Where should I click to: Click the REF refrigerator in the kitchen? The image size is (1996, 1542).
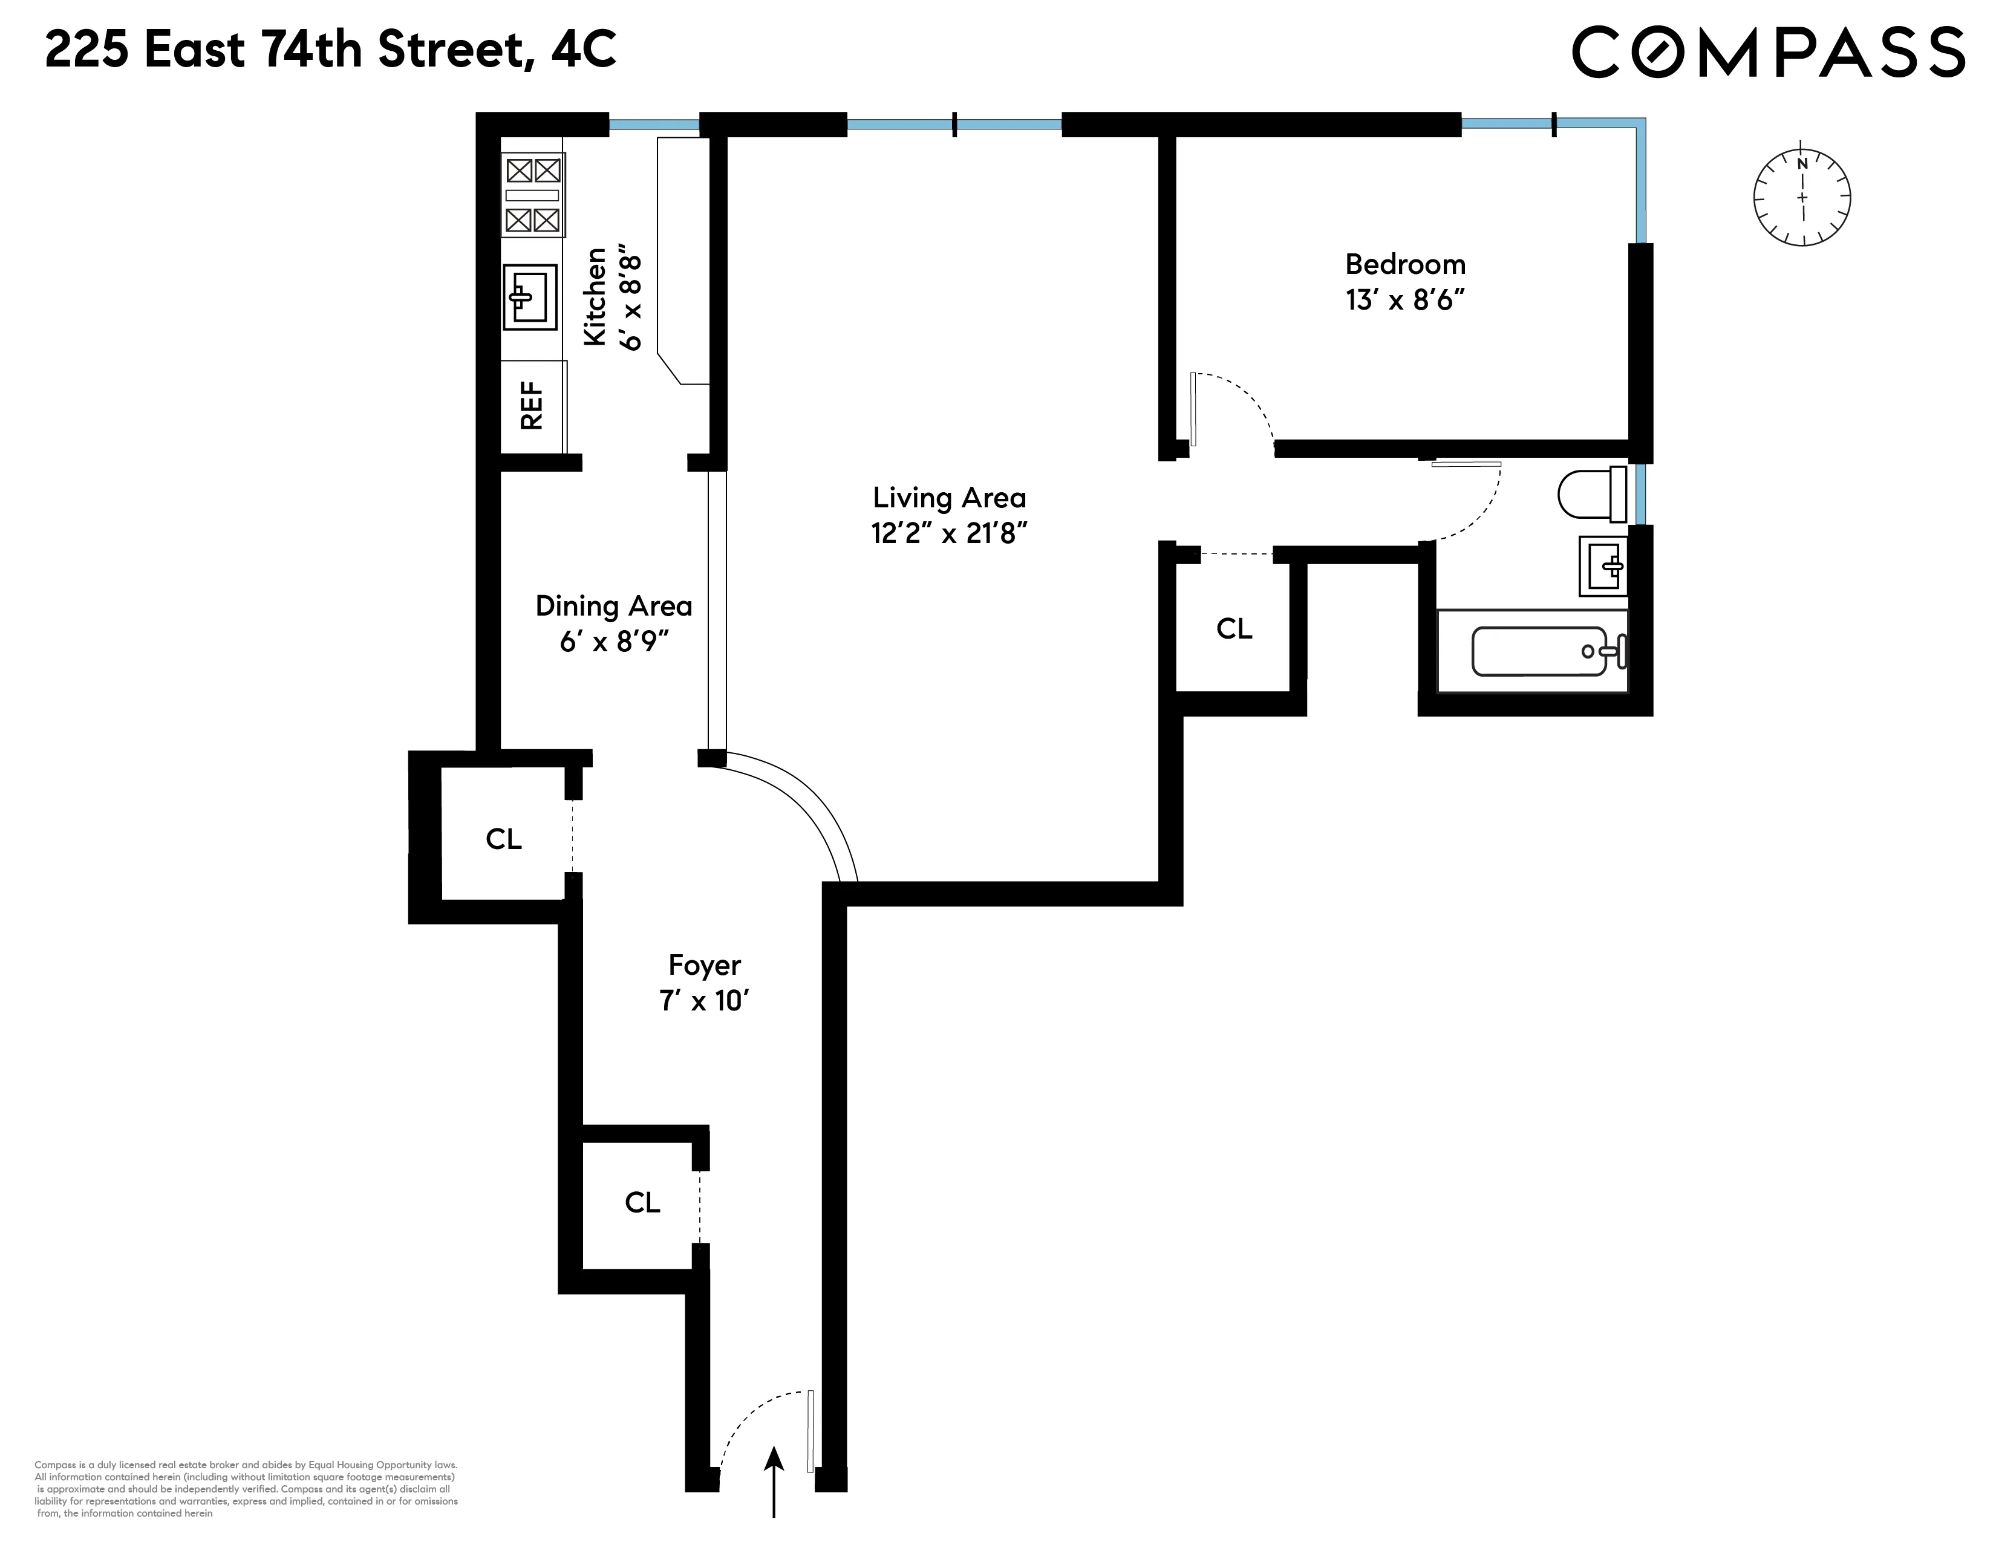533,406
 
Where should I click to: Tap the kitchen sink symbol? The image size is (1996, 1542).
530,297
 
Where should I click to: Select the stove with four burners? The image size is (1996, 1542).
533,195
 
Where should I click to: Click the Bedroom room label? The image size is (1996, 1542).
1404,265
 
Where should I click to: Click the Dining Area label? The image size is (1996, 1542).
613,606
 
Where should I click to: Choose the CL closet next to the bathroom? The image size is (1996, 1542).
1234,628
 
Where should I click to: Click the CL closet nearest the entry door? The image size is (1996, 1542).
642,1202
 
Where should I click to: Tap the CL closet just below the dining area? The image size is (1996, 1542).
504,839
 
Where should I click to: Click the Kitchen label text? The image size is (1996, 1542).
595,297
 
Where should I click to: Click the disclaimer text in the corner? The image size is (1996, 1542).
245,1487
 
